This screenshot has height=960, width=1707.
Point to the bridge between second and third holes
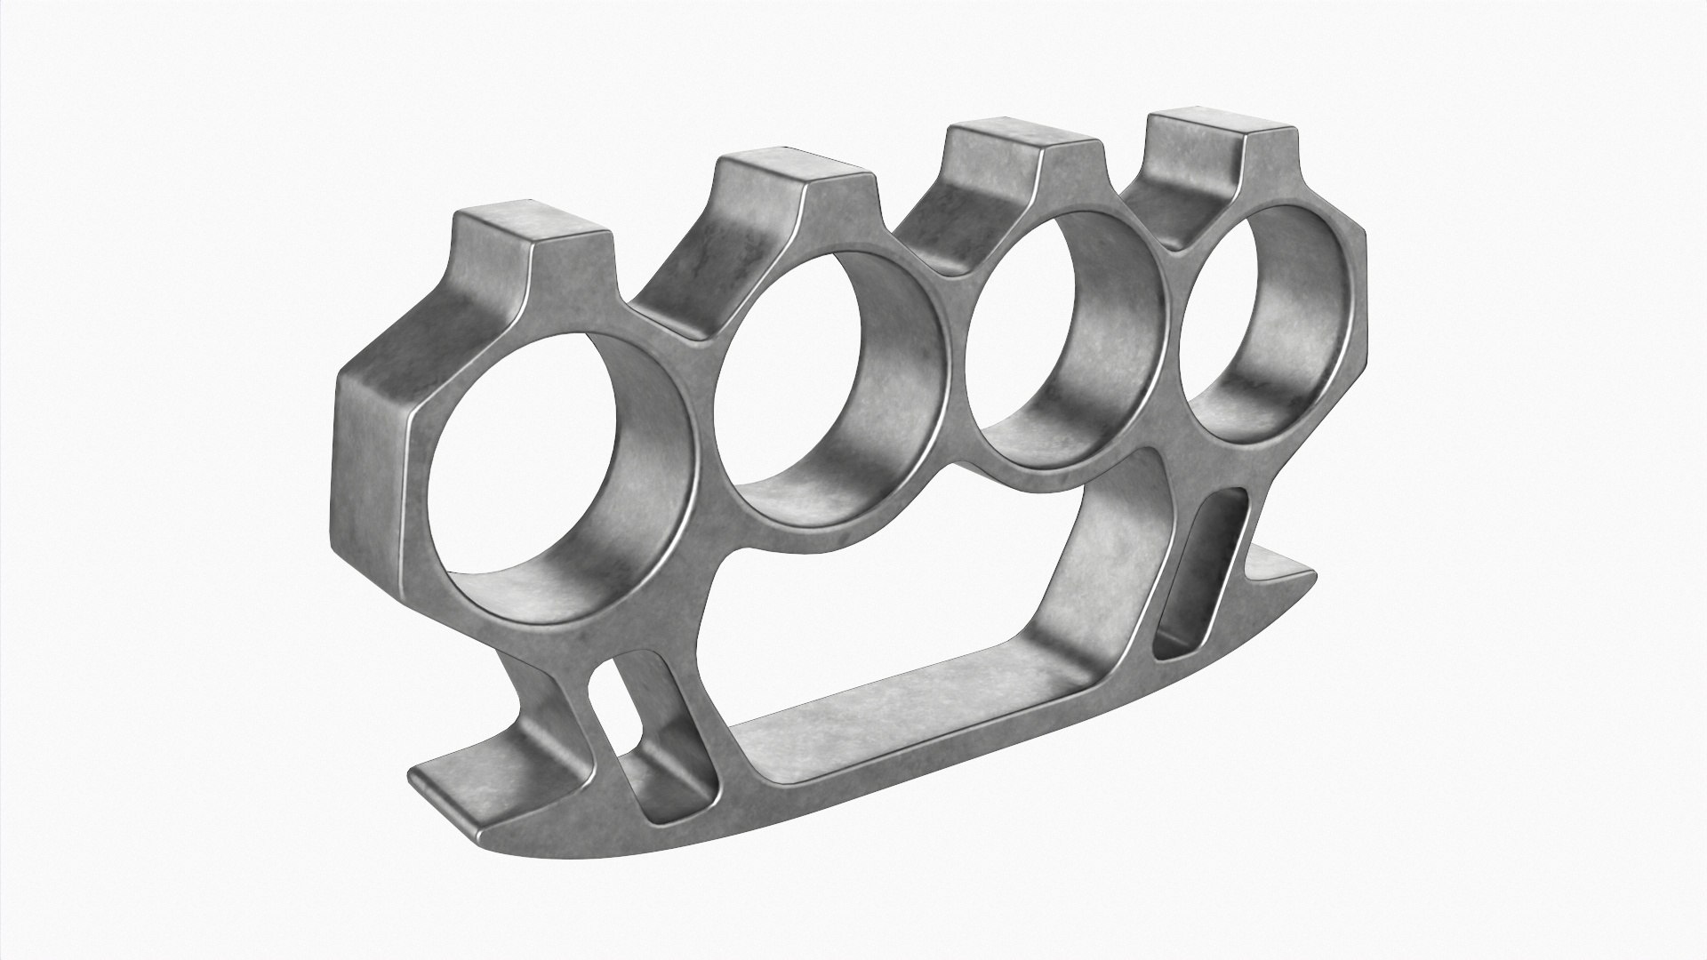coord(956,356)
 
